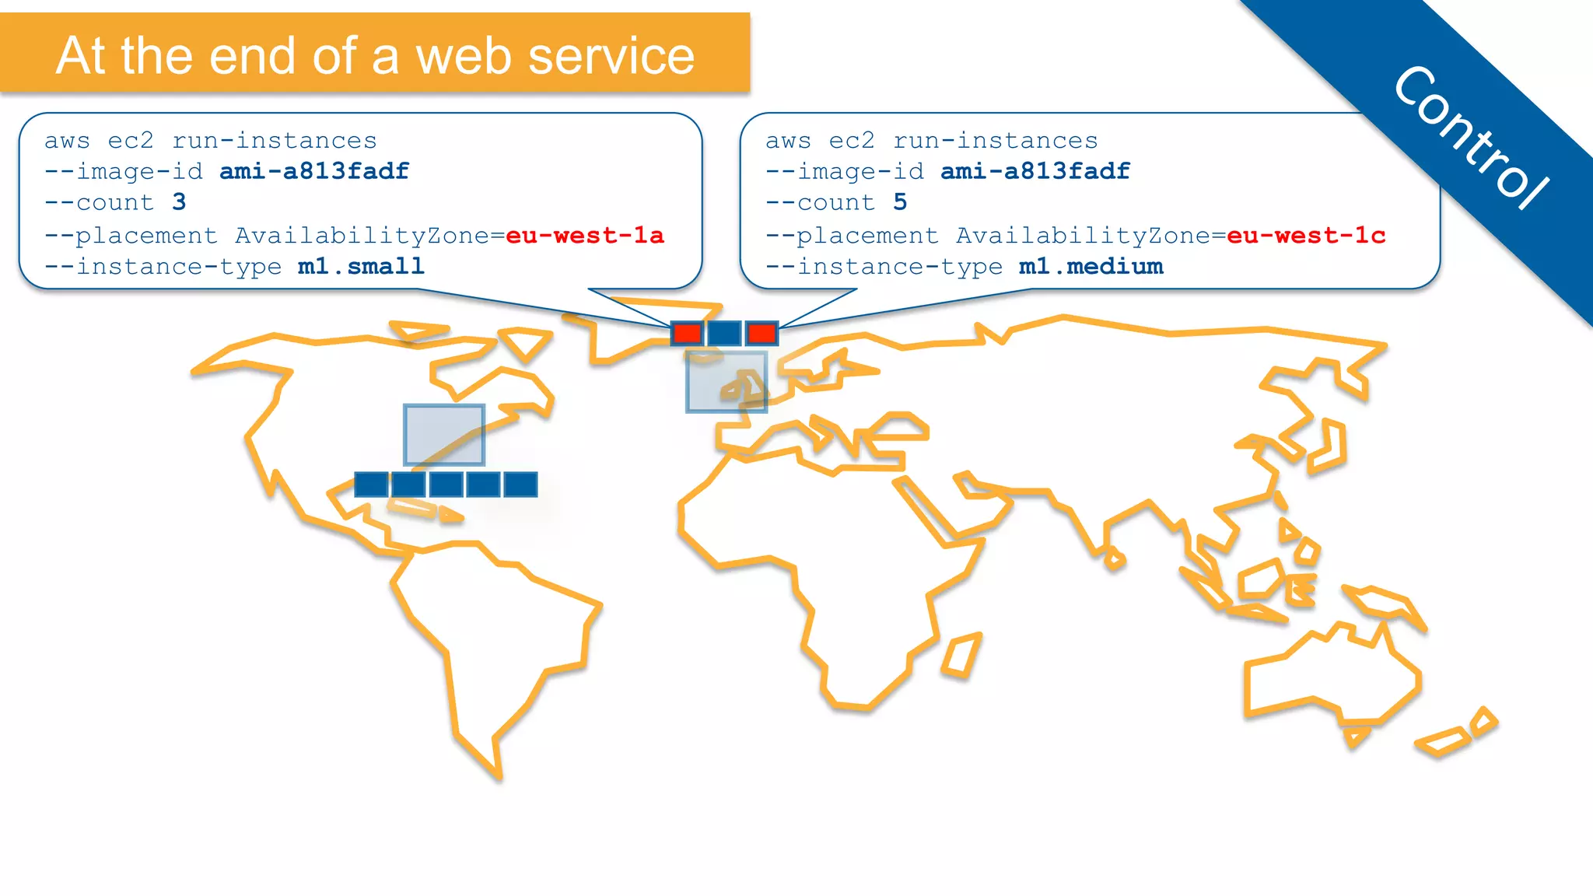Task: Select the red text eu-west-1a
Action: click(584, 235)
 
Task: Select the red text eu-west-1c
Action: click(1305, 235)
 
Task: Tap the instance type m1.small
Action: click(361, 267)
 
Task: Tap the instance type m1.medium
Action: click(1091, 267)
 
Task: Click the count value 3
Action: click(179, 202)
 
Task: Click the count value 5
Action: click(900, 202)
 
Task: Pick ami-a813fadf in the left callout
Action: click(314, 171)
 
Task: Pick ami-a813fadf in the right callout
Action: click(1035, 171)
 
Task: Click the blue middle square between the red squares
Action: click(724, 333)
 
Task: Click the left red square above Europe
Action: click(687, 333)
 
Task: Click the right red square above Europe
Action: click(761, 333)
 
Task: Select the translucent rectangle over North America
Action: click(444, 434)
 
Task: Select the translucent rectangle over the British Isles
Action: click(726, 381)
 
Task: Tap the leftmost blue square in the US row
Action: click(371, 484)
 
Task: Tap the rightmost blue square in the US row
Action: click(520, 484)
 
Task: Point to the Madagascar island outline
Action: click(962, 655)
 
